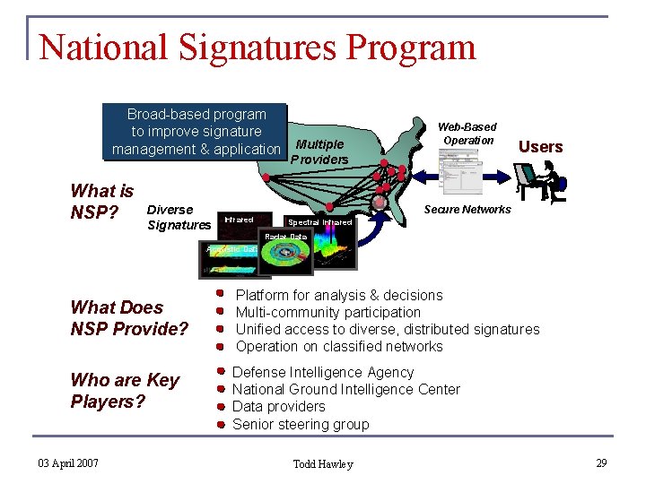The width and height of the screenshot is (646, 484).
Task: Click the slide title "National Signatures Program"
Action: click(258, 48)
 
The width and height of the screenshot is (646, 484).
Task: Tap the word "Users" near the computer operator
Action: click(541, 147)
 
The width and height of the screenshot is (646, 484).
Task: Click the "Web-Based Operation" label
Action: click(467, 134)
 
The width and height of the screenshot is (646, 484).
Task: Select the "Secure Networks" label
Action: click(467, 210)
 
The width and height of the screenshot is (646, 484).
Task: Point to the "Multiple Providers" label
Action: click(319, 151)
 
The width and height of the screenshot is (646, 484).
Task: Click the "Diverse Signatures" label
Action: click(179, 218)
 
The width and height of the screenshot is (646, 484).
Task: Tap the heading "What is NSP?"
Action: click(102, 202)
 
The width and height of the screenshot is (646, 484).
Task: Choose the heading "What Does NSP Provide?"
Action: click(129, 318)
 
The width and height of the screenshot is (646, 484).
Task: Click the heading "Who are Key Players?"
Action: click(125, 391)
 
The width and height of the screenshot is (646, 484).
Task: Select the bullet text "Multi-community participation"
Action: click(327, 312)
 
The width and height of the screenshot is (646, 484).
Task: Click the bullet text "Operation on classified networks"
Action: click(339, 346)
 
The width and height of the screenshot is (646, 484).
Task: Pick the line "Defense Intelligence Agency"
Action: click(323, 372)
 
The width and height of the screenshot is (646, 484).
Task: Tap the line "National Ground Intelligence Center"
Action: click(345, 389)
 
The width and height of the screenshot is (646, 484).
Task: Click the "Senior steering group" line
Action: click(301, 424)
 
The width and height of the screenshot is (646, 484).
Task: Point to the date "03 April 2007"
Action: click(68, 462)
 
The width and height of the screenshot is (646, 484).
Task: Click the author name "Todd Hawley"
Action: click(323, 463)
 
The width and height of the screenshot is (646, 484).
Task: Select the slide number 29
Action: click(601, 462)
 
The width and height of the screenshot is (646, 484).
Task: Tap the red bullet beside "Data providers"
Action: click(220, 407)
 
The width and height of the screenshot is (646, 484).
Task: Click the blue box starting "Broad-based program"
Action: click(196, 132)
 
